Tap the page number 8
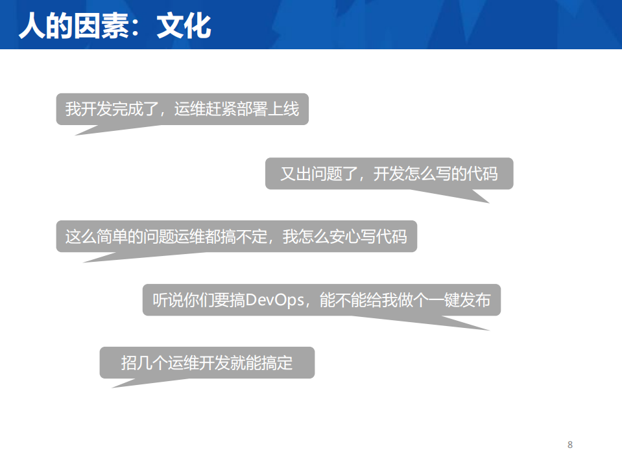pyautogui.click(x=570, y=445)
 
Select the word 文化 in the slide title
pyautogui.click(x=184, y=27)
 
